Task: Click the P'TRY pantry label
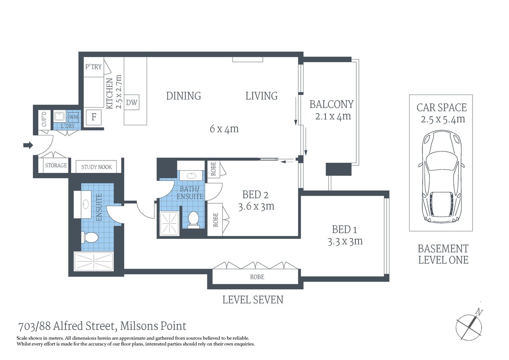click(93, 67)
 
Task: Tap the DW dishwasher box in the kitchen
click(131, 102)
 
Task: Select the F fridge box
click(94, 117)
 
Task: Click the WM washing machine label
click(74, 117)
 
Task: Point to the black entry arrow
click(28, 145)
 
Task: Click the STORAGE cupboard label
click(56, 165)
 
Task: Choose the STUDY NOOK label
click(96, 167)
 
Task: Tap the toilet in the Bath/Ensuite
click(193, 219)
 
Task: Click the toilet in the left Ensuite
click(90, 237)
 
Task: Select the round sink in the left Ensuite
click(86, 204)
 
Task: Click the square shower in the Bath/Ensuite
click(169, 223)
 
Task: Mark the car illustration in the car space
click(441, 176)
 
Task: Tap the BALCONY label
click(331, 104)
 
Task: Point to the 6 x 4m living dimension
click(224, 129)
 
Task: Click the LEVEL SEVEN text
click(252, 300)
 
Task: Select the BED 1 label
click(341, 229)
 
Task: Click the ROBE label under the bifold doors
click(257, 277)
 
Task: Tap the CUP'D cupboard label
click(44, 119)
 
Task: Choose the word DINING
click(183, 96)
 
